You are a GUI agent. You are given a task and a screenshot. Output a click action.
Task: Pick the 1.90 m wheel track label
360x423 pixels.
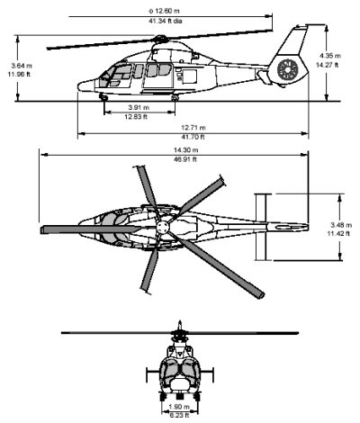click(x=179, y=406)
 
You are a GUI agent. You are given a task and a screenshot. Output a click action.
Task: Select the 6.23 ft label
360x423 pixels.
click(x=179, y=414)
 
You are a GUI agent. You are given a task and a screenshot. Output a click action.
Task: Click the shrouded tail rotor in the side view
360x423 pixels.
click(x=288, y=68)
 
